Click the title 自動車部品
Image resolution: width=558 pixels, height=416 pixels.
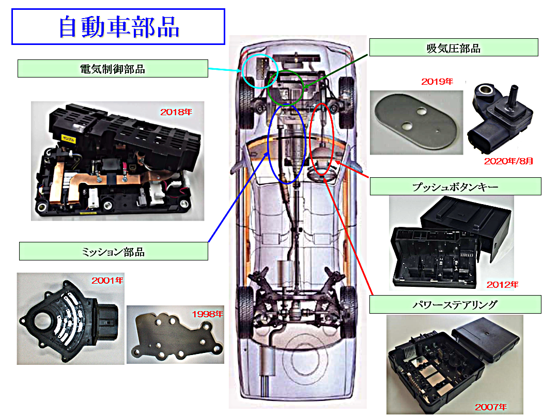(118, 27)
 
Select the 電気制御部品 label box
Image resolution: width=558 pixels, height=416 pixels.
(113, 69)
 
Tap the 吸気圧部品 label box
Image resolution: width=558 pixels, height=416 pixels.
(453, 48)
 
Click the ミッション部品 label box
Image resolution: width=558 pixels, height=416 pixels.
(113, 252)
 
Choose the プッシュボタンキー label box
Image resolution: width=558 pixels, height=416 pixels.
(455, 187)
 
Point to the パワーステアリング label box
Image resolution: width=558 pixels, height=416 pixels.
(455, 304)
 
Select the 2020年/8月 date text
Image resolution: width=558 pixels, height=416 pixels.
(508, 161)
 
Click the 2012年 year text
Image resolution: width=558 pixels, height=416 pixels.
(502, 284)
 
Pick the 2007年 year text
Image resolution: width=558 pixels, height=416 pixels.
(491, 407)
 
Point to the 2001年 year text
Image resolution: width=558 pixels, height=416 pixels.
(107, 281)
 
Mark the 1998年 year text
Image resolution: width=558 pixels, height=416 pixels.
(207, 314)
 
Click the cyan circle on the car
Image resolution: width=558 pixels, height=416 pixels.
(259, 71)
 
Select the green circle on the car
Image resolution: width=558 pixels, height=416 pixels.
(286, 87)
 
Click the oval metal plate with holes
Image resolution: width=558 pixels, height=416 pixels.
(416, 122)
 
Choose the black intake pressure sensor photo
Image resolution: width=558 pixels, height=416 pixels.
(500, 119)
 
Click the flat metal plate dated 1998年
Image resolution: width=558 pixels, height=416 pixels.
(174, 337)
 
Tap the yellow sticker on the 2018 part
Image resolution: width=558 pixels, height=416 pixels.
(68, 138)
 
